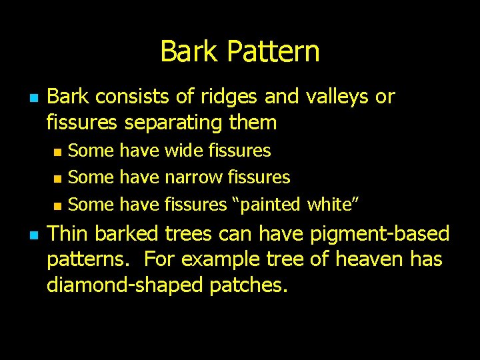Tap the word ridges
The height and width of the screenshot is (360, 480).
[226, 97]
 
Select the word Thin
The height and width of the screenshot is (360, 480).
[69, 234]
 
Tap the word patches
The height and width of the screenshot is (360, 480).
[249, 285]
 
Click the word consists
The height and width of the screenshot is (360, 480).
[133, 97]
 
